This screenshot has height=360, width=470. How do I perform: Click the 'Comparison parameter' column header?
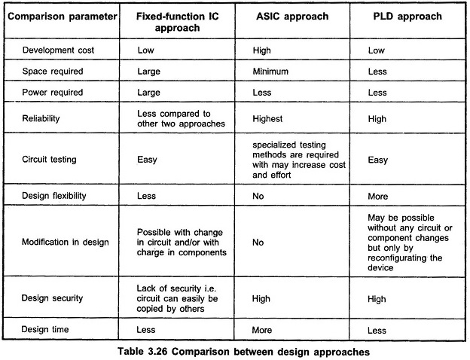tap(63, 17)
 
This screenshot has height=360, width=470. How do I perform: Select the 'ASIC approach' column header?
tap(292, 17)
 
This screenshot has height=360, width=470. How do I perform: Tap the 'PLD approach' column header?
tap(407, 17)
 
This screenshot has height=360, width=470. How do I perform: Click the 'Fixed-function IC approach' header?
tap(178, 22)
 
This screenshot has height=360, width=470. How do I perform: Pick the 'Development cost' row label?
tap(58, 50)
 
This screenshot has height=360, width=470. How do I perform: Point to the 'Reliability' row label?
tap(41, 118)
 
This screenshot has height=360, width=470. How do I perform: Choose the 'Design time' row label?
tap(45, 329)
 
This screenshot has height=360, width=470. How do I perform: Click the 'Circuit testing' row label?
tap(49, 159)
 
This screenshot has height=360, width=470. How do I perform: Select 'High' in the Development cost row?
tap(261, 50)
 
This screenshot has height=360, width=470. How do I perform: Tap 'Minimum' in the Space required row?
tap(270, 72)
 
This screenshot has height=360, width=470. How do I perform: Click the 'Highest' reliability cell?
tap(267, 119)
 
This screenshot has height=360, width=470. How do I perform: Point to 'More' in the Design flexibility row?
tap(377, 197)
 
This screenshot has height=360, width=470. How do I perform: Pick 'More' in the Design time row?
tap(261, 330)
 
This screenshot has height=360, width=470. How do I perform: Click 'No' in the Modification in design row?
tap(258, 243)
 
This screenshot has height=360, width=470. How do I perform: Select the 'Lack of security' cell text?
tap(177, 298)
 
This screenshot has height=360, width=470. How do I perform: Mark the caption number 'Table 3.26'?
tap(142, 351)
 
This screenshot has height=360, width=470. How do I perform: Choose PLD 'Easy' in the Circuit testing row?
tap(377, 160)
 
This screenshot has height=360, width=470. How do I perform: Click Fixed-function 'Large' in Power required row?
tap(148, 93)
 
